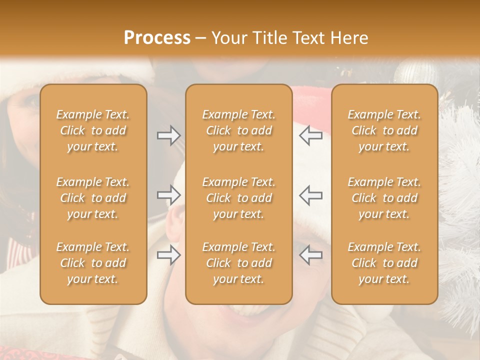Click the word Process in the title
157,38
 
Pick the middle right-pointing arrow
168,195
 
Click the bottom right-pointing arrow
168,255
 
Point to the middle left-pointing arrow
311,195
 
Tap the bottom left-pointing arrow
311,255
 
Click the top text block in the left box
93,130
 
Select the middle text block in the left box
93,198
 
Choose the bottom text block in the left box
93,263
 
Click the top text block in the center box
238,130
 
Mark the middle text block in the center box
238,198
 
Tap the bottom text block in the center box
238,263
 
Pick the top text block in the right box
384,130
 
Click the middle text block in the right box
384,198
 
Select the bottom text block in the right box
384,263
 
